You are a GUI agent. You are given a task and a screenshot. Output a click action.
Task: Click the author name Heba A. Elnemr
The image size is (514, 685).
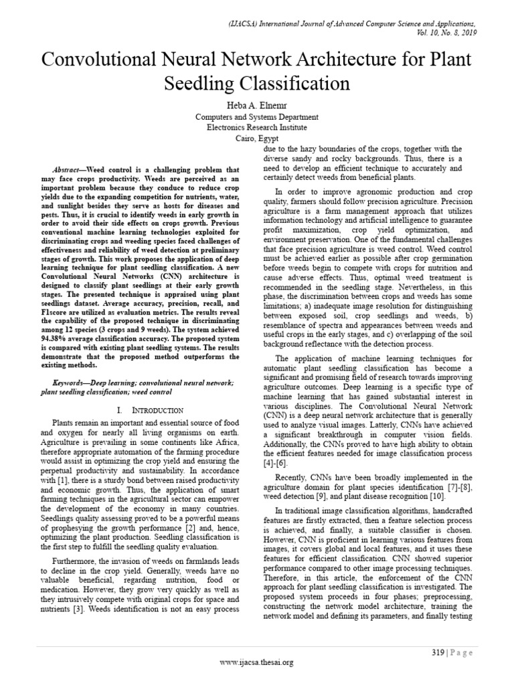point(256,104)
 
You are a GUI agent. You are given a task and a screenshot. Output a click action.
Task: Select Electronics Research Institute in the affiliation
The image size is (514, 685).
point(256,126)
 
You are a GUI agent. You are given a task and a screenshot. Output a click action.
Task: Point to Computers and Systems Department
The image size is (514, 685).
point(256,116)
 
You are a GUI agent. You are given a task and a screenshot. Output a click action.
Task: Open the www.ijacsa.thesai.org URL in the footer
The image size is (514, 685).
point(257,662)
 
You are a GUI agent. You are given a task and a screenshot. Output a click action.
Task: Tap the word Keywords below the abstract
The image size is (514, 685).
point(72,383)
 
